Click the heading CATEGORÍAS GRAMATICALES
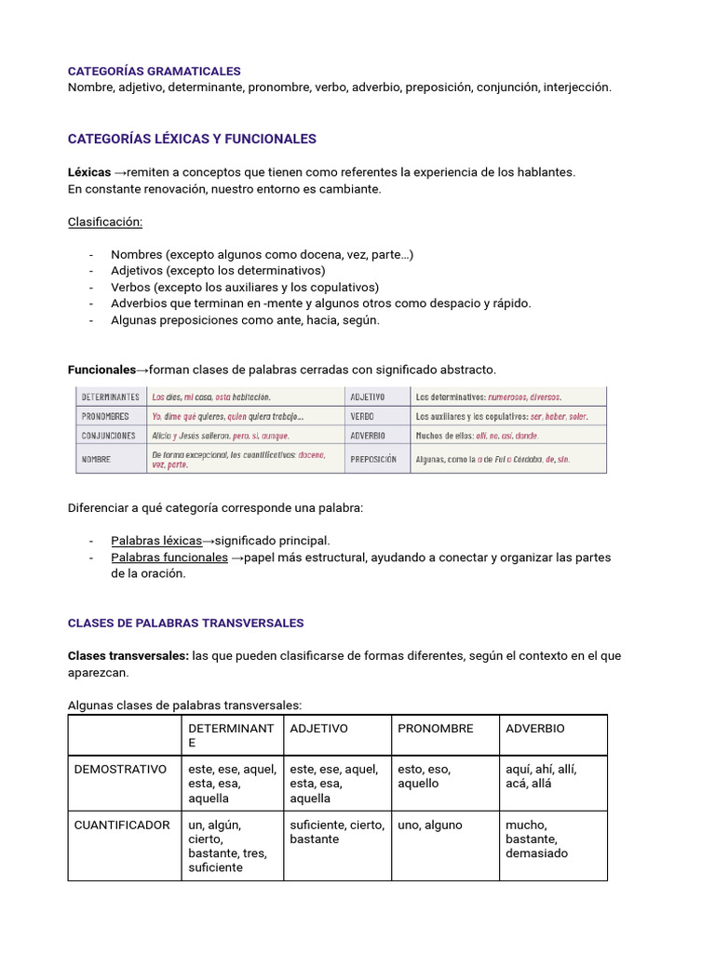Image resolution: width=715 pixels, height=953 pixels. click(155, 71)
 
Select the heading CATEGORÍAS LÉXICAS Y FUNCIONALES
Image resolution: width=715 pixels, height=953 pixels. click(192, 139)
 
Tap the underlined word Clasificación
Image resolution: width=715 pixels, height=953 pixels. click(105, 221)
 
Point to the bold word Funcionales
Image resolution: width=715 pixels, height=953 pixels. click(101, 369)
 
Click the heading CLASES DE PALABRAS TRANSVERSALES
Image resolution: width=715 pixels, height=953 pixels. click(185, 623)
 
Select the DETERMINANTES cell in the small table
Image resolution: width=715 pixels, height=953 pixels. click(111, 396)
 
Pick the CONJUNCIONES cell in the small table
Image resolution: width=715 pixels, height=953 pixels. click(109, 436)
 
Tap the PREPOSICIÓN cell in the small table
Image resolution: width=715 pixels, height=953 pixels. click(374, 459)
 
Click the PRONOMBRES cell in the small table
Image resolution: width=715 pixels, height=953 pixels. click(105, 416)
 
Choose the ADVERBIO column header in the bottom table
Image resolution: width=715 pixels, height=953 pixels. click(534, 729)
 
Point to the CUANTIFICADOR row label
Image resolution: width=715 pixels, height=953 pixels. click(123, 825)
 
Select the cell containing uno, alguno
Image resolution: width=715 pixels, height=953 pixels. click(430, 825)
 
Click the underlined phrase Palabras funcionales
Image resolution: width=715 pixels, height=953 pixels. click(169, 557)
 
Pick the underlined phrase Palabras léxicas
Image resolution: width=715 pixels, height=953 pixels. click(155, 540)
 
